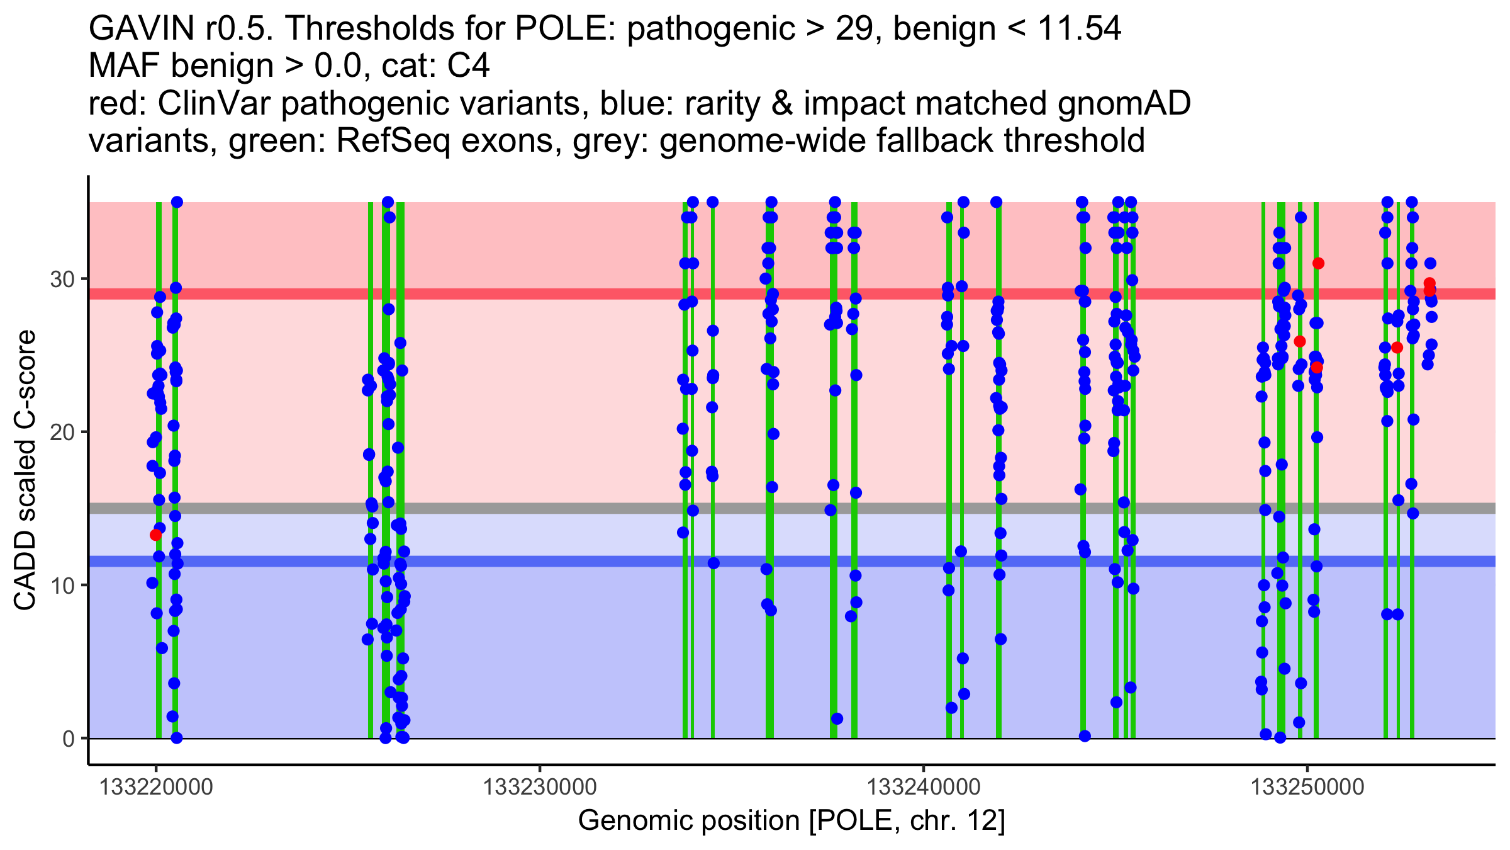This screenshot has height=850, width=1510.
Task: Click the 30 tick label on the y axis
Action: [62, 279]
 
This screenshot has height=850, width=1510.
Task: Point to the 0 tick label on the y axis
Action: [69, 739]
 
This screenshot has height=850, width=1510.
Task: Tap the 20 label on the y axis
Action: [62, 433]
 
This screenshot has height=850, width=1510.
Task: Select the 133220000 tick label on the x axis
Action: [156, 787]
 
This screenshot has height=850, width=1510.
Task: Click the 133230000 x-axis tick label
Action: [540, 787]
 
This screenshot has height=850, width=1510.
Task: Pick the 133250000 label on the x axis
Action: [1307, 787]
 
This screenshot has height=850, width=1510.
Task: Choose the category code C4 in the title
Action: [468, 66]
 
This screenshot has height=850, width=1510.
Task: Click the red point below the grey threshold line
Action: [155, 535]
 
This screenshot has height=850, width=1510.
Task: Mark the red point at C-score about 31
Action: [1318, 263]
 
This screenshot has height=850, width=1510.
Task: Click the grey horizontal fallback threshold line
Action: [629, 508]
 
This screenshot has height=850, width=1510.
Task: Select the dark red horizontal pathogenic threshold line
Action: [629, 294]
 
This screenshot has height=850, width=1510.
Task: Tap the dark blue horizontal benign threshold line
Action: [629, 561]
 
